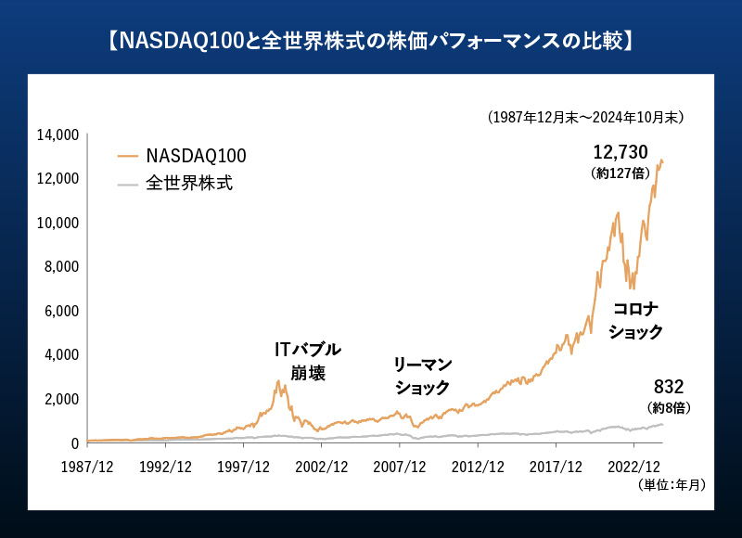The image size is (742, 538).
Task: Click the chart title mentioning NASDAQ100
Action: coord(370,42)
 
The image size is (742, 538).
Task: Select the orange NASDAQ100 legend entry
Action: coord(182,155)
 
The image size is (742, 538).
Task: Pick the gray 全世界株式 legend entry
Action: coord(175,183)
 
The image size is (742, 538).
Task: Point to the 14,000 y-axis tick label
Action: coord(57,134)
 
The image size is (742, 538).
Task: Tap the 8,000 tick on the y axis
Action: coord(60,267)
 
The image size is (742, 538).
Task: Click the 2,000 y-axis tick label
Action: coord(60,399)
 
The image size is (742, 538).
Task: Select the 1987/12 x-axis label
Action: coord(86,467)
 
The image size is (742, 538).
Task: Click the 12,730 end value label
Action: coord(620,152)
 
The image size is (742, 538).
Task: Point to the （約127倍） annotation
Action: coord(620,173)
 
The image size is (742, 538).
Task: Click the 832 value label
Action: coord(669,387)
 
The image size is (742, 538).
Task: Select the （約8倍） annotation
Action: coord(669,407)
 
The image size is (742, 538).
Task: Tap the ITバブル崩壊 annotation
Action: coord(308,361)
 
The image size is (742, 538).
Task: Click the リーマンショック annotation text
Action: coord(422,376)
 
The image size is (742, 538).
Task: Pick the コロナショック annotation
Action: coord(635,320)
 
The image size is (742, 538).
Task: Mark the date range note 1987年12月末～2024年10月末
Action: coord(585,118)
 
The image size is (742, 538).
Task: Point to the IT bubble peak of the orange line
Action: coord(278,380)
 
